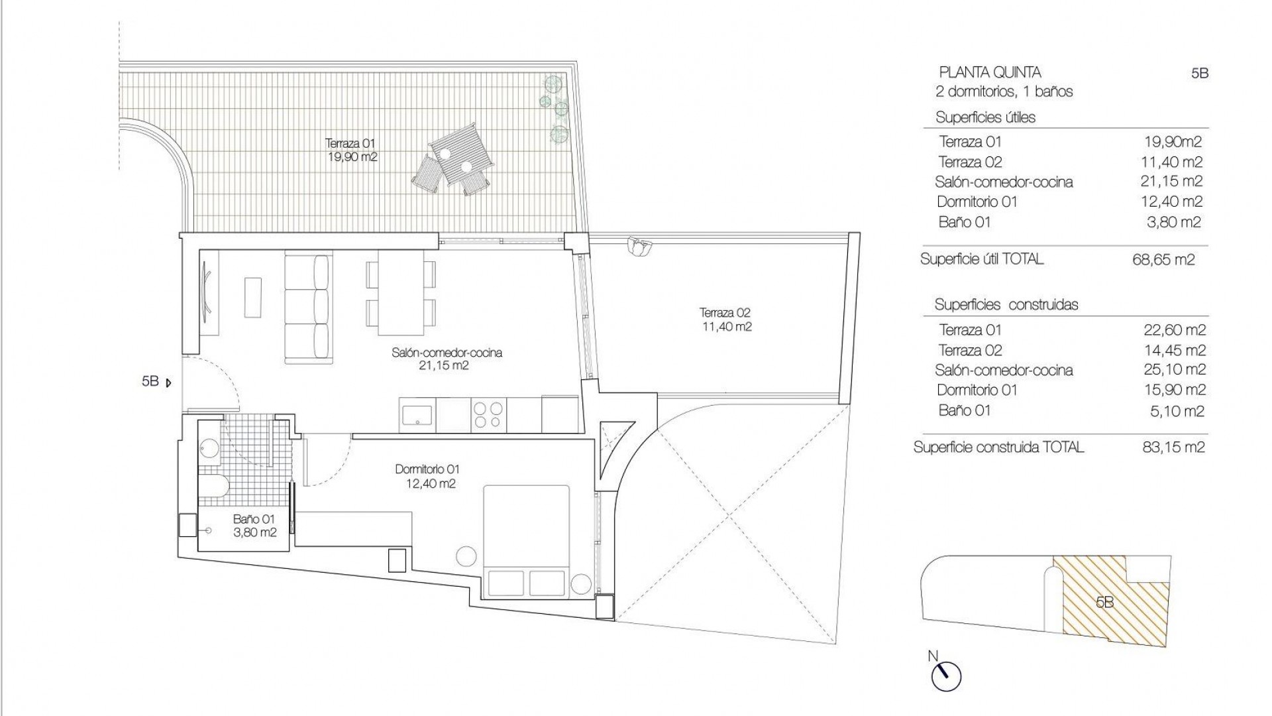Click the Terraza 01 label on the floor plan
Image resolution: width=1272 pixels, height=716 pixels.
click(x=351, y=150)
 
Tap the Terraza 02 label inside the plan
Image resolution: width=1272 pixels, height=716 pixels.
click(x=726, y=320)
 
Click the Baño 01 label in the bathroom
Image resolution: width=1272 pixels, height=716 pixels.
click(x=254, y=526)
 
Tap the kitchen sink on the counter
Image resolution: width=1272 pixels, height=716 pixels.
click(x=417, y=415)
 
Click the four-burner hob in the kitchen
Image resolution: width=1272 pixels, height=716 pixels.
click(x=488, y=415)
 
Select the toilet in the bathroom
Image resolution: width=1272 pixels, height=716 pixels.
click(x=213, y=486)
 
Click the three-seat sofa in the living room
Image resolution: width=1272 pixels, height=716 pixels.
click(x=308, y=308)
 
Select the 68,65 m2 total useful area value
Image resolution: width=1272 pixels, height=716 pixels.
click(x=1163, y=260)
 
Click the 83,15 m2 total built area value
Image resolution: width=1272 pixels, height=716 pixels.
click(x=1169, y=447)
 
